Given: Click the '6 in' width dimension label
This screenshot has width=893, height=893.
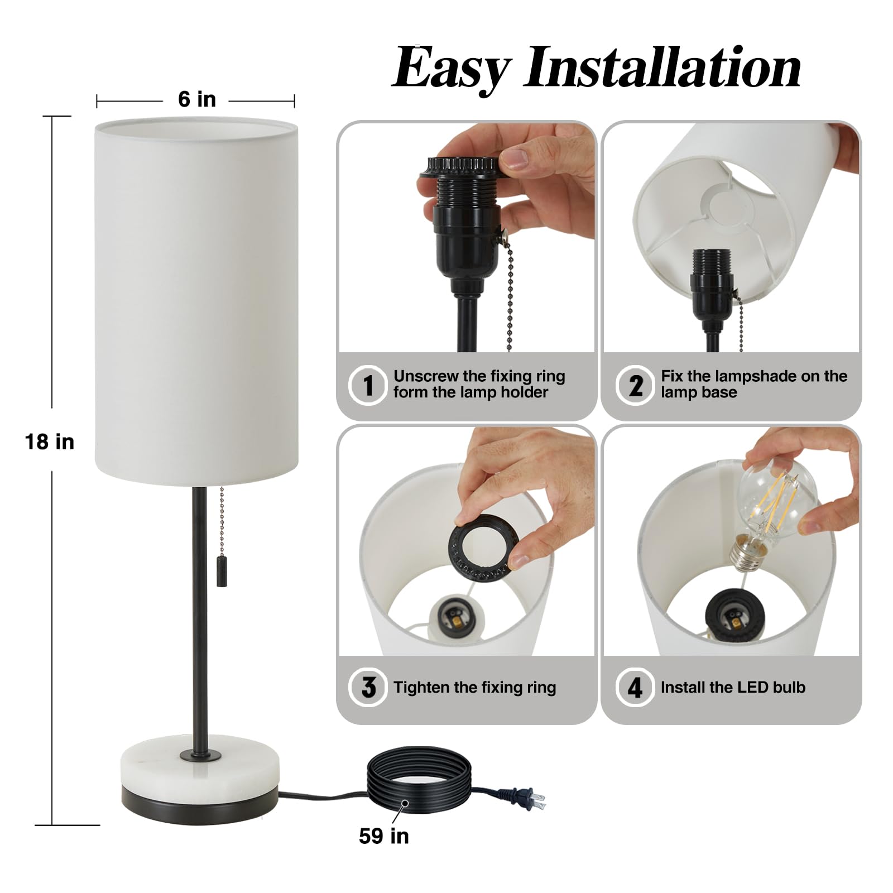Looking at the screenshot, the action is point(197,99).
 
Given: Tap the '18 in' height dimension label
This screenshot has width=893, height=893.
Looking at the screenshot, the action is point(50,442).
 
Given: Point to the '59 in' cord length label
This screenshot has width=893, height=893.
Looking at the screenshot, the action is point(384,836).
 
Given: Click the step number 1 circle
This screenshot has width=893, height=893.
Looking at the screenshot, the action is point(367,385).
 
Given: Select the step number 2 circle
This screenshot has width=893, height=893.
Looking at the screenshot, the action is point(635,385).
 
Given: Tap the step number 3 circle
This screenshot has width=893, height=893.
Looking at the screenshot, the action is point(368,687).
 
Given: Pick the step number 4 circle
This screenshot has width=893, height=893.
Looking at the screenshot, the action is point(635,687).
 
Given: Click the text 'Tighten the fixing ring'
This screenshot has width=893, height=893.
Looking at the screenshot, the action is point(475,687).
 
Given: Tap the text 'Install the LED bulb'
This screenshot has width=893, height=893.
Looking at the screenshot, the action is point(733,687).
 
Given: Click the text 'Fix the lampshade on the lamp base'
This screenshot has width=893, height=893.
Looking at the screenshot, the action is point(754,384).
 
